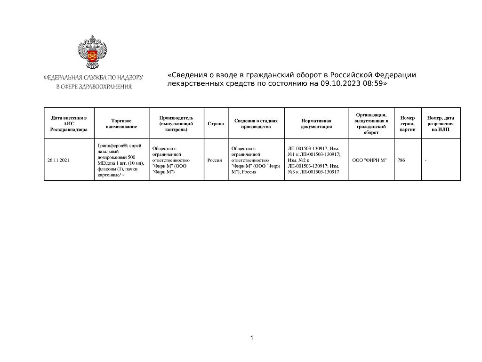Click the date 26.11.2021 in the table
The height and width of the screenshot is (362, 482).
[x=58, y=161]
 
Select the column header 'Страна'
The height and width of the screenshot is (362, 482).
[x=216, y=124]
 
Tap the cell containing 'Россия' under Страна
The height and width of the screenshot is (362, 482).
[x=215, y=161]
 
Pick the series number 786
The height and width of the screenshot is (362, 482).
[x=401, y=161]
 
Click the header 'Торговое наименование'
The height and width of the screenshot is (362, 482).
[x=121, y=124]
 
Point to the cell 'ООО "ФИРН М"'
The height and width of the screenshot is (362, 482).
[x=370, y=161]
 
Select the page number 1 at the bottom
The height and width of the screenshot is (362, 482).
[x=252, y=338]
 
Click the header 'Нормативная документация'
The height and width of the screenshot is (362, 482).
[x=316, y=124]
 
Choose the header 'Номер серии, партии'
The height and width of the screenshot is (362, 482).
[x=408, y=124]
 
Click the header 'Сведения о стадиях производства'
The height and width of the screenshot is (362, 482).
[x=256, y=124]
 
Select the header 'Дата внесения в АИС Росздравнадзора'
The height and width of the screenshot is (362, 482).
[x=69, y=124]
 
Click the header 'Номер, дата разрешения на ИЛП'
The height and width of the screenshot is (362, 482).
[x=441, y=124]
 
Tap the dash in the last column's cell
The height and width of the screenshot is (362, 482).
[x=426, y=161]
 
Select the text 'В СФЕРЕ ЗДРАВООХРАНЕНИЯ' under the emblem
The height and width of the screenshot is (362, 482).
[x=94, y=87]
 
